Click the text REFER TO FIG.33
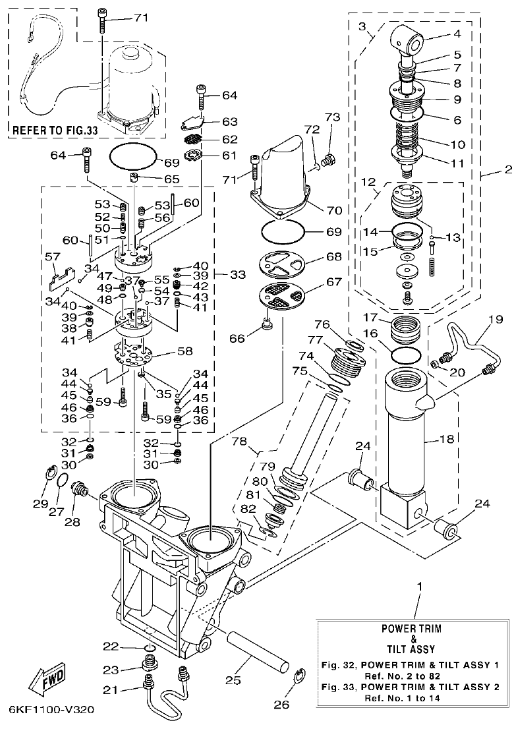[x=55, y=131]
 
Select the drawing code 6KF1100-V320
[x=51, y=711]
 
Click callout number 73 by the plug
[x=331, y=117]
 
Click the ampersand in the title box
[x=413, y=639]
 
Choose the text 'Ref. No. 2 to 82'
[x=413, y=676]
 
